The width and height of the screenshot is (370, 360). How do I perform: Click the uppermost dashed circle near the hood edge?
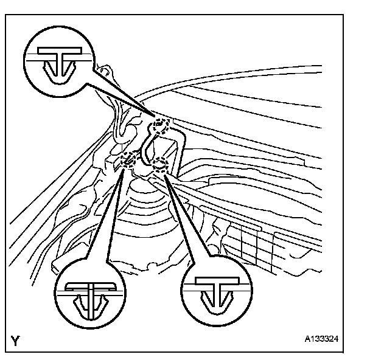161,125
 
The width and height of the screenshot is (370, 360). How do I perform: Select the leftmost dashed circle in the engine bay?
130,161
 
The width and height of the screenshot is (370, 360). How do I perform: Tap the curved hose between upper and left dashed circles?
144,146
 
